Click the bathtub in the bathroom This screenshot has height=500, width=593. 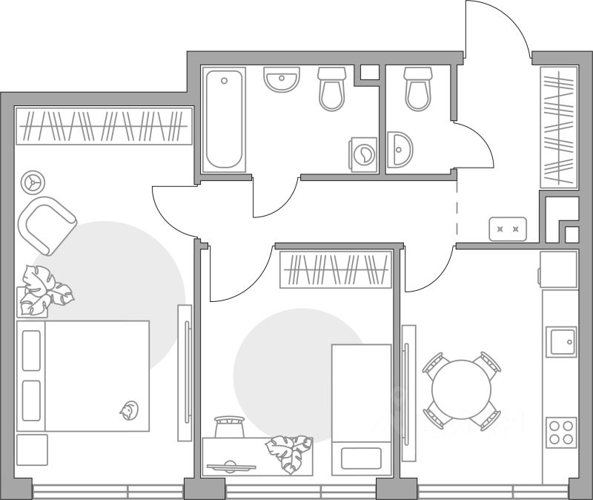point(225,121)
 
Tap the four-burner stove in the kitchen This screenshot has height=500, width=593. point(561,431)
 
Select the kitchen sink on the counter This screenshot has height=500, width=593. point(561,341)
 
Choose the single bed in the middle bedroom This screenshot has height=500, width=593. point(361,407)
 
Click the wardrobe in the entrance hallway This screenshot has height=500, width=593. point(558,127)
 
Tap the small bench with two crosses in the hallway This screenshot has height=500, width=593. point(508,228)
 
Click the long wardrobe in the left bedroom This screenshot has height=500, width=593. point(103,125)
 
